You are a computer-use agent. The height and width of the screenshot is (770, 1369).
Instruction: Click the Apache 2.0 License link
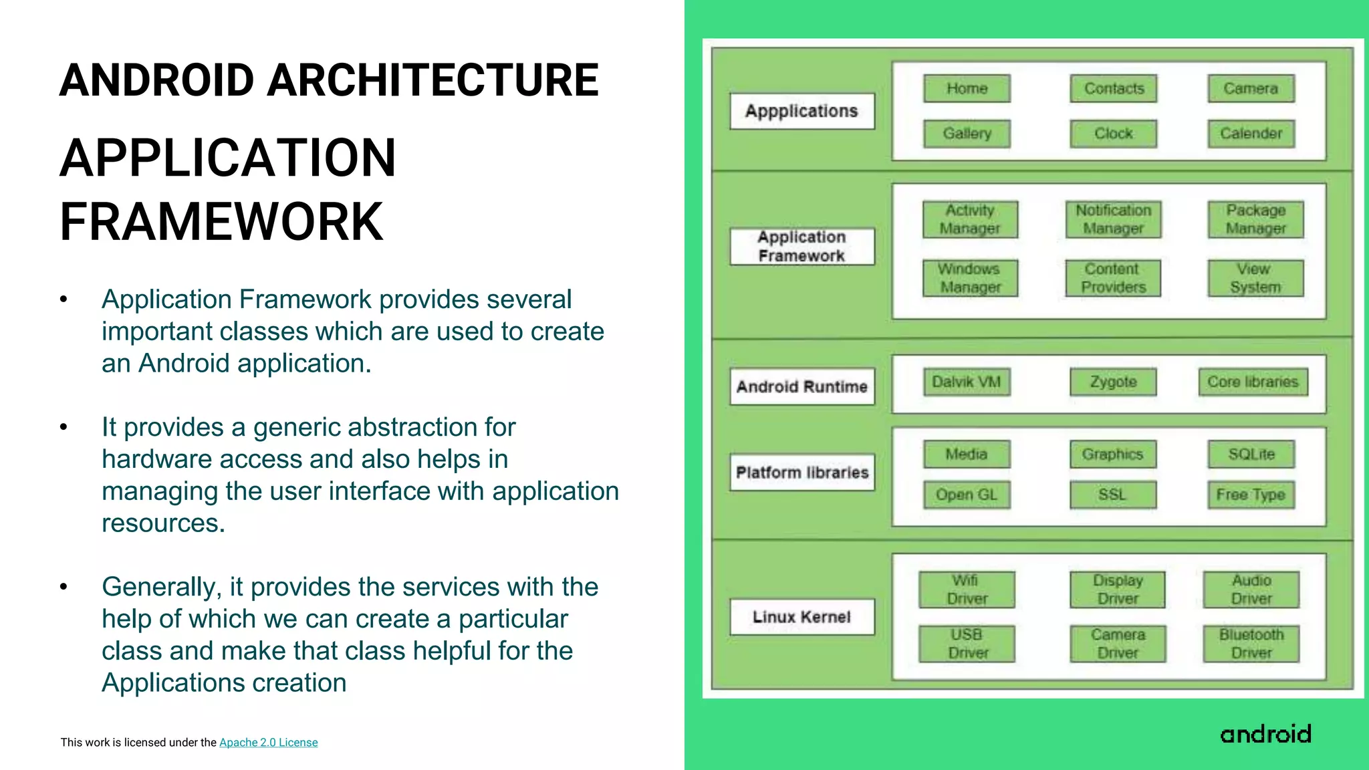pyautogui.click(x=268, y=743)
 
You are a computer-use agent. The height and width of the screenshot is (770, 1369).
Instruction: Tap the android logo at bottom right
pyautogui.click(x=1265, y=734)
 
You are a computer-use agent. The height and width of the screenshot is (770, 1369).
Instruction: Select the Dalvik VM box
pyautogui.click(x=967, y=382)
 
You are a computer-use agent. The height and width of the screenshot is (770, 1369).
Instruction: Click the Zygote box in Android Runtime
pyautogui.click(x=1113, y=382)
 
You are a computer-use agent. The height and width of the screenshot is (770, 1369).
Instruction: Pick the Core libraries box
pyautogui.click(x=1253, y=382)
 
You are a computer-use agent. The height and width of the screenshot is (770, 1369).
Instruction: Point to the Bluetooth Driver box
pyautogui.click(x=1251, y=644)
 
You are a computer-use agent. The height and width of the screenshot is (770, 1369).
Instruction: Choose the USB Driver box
pyautogui.click(x=967, y=644)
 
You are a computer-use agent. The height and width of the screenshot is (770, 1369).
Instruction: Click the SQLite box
pyautogui.click(x=1251, y=455)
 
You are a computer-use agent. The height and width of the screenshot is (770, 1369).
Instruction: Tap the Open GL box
pyautogui.click(x=967, y=495)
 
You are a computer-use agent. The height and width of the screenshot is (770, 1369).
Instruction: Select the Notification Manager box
pyautogui.click(x=1114, y=219)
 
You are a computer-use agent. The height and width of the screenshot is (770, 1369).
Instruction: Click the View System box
pyautogui.click(x=1255, y=278)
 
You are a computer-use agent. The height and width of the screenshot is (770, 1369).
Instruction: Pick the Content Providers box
pyautogui.click(x=1113, y=278)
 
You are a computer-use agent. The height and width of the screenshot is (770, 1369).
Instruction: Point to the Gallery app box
pyautogui.click(x=967, y=134)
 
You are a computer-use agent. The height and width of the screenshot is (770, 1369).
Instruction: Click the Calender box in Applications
pyautogui.click(x=1251, y=134)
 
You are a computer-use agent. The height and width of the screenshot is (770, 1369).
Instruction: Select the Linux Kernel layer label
pyautogui.click(x=802, y=617)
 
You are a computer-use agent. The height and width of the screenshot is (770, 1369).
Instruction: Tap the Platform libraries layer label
pyautogui.click(x=802, y=473)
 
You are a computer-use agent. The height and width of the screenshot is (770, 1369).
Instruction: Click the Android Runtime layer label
pyautogui.click(x=802, y=386)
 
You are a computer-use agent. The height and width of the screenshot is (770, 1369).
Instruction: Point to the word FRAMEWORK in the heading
pyautogui.click(x=221, y=222)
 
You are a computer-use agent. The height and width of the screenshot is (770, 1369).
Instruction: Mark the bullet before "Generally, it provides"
pyautogui.click(x=64, y=587)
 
